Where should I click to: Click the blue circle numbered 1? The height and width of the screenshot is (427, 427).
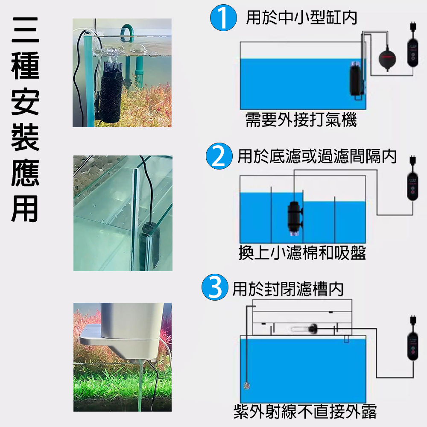[223, 18]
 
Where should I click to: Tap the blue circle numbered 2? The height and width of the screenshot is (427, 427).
[219, 156]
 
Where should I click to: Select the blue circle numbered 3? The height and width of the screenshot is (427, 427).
[215, 287]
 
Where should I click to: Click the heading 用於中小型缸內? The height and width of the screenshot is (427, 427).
[301, 18]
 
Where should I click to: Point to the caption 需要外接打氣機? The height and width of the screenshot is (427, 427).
[301, 120]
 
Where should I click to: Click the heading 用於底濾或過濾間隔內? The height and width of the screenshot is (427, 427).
[317, 156]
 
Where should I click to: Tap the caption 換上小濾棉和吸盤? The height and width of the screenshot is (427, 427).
[302, 253]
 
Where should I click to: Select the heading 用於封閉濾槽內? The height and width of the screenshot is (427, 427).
[288, 289]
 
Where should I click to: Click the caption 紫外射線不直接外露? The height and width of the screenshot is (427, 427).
[305, 411]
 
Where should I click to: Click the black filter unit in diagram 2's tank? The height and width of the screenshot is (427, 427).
[295, 218]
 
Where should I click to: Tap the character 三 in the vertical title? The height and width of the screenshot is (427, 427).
[25, 30]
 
